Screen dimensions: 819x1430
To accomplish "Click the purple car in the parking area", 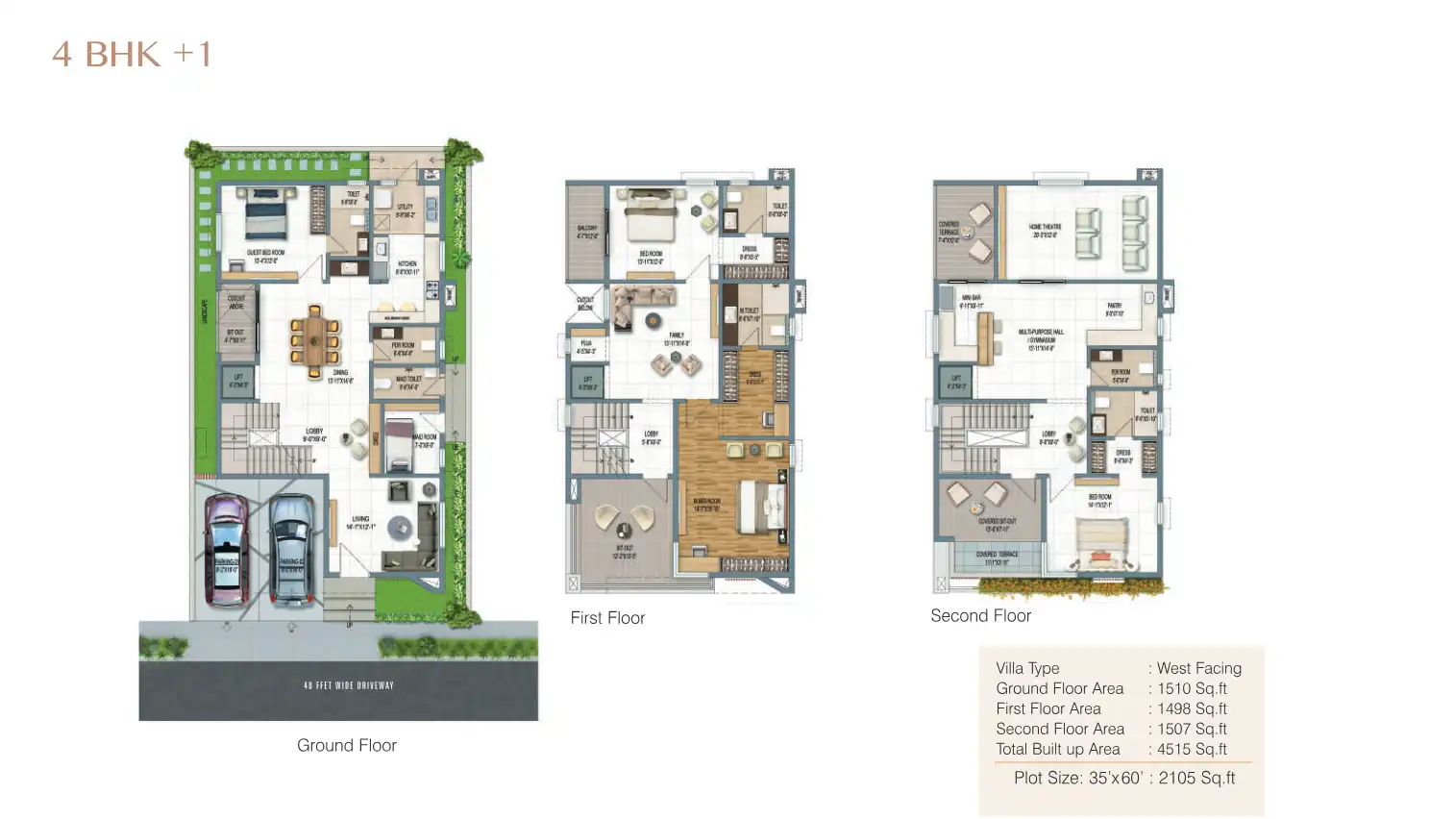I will tap(226, 550).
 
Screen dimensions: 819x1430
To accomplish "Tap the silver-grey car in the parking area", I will tap(291, 550).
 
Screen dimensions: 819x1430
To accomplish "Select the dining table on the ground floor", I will tap(314, 341).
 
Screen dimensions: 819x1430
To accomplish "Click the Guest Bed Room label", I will tap(265, 257).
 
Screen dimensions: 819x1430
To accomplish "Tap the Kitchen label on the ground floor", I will tap(407, 267).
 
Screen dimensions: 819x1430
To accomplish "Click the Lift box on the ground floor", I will tap(238, 381).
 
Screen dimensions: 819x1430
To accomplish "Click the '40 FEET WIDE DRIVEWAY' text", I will tap(348, 685).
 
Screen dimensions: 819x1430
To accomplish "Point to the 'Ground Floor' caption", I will tap(346, 745).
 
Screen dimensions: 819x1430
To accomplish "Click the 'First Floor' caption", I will tap(607, 618).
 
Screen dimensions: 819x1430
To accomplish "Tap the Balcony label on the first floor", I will tap(587, 232).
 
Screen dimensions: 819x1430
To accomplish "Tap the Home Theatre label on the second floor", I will tap(1045, 231).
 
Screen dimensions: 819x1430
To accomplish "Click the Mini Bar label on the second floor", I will tap(972, 302).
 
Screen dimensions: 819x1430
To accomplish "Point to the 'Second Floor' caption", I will tap(980, 616).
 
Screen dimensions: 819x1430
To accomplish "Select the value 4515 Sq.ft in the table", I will tap(1192, 749).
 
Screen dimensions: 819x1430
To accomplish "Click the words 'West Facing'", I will tap(1198, 668).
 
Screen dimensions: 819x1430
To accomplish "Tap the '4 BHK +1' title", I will tap(132, 55).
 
